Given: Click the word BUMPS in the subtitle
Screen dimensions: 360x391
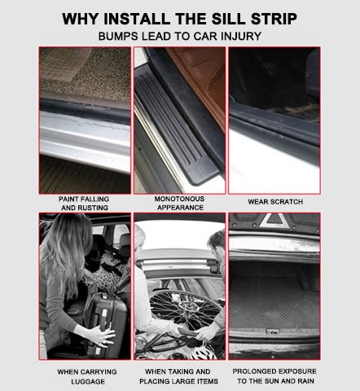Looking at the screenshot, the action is tap(118, 36).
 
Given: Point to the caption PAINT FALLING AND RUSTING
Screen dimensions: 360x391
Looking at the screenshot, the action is tap(84, 204).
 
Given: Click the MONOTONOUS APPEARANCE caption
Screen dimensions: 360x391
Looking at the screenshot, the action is tap(180, 203).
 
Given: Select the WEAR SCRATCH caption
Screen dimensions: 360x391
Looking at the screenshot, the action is tap(275, 202).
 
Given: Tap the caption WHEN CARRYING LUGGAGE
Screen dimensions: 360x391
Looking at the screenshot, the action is tap(87, 376).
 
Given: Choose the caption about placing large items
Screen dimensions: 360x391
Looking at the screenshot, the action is tap(178, 376).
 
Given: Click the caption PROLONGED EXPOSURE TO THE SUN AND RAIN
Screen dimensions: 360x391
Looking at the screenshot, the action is tap(274, 376).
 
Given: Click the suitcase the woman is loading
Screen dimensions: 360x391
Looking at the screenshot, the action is tap(106, 323).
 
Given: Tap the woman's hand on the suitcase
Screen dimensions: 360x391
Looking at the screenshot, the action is tap(101, 336).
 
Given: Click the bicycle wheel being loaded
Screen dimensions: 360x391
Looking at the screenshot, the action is tap(185, 311).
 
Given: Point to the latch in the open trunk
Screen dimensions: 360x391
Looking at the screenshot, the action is tap(272, 332).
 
